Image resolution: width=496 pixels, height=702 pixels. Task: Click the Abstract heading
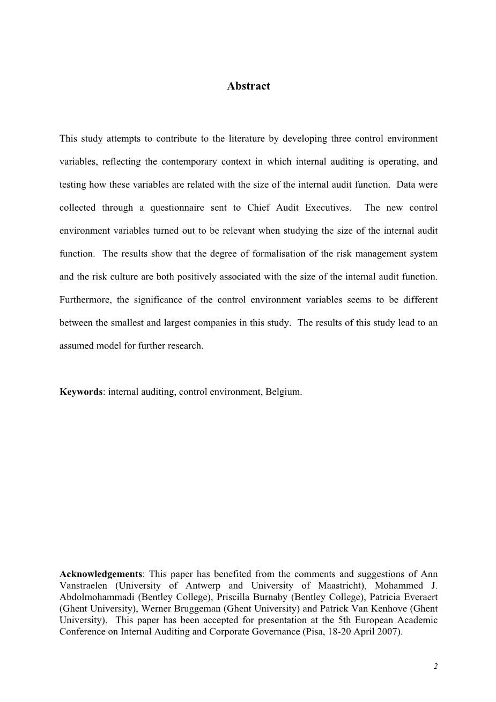248,86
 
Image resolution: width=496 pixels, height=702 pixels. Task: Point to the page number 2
435,667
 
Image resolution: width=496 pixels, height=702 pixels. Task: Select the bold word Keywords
80,391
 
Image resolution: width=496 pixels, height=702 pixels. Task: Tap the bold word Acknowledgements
101,574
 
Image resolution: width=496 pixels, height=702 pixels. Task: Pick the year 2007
389,632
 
